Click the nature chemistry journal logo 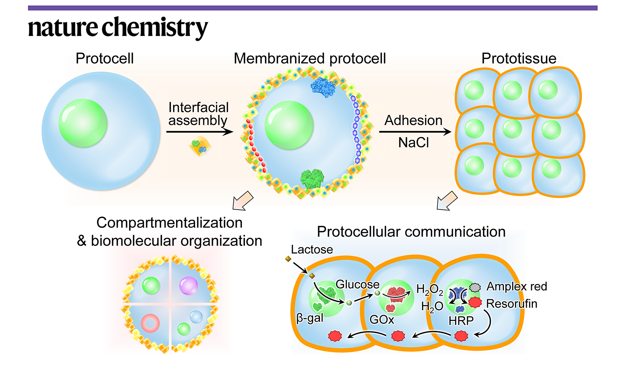[x=118, y=27]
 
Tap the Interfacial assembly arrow [x=199, y=132]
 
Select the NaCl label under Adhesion [x=413, y=143]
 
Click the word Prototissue [x=519, y=58]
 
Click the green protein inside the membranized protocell [x=312, y=178]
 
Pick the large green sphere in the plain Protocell [x=83, y=123]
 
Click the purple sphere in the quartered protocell [x=188, y=286]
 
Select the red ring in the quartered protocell [x=150, y=323]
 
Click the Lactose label [x=312, y=249]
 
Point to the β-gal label [x=310, y=318]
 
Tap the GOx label [x=382, y=319]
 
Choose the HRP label [x=461, y=321]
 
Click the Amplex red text [x=516, y=286]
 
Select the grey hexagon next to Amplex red [x=475, y=287]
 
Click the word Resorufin [x=512, y=303]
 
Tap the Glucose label [x=357, y=284]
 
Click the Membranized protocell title [x=310, y=58]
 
